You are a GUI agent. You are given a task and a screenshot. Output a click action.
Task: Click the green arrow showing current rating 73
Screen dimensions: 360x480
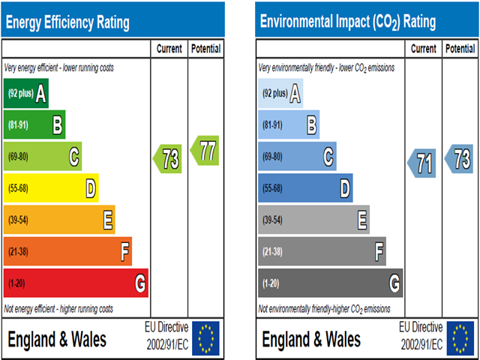click(169, 159)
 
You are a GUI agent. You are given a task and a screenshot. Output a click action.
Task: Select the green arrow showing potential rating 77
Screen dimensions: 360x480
click(205, 150)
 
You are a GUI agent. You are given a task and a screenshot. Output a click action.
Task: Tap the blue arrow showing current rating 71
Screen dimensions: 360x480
click(422, 162)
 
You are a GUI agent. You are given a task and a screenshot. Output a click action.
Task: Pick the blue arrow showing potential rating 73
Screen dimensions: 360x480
click(459, 158)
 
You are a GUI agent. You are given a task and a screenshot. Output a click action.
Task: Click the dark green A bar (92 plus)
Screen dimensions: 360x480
click(26, 94)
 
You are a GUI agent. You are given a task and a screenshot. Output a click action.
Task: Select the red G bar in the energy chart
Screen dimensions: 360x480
click(75, 283)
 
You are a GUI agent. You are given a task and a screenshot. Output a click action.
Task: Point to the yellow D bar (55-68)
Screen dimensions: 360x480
click(51, 189)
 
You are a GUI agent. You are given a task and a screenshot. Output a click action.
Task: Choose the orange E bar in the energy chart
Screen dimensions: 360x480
click(59, 220)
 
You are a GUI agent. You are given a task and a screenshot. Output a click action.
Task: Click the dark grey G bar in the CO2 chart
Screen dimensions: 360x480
click(330, 283)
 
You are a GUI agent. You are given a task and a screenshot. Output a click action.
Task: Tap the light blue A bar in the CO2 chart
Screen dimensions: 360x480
click(280, 94)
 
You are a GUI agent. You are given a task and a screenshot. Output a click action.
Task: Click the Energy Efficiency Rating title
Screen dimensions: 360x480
click(67, 22)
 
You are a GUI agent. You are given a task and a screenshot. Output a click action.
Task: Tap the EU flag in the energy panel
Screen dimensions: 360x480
click(206, 337)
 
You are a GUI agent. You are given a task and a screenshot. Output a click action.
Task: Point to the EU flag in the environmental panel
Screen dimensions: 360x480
click(460, 337)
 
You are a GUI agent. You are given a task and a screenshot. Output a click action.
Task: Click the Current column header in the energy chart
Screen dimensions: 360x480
click(169, 49)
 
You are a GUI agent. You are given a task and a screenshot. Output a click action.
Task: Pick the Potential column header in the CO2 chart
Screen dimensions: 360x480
click(460, 49)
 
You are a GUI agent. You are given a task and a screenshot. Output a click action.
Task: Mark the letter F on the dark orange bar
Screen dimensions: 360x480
click(124, 252)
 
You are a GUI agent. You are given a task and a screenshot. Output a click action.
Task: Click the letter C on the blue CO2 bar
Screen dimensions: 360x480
click(328, 157)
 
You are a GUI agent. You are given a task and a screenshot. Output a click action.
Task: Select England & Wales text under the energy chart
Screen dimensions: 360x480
click(57, 339)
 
